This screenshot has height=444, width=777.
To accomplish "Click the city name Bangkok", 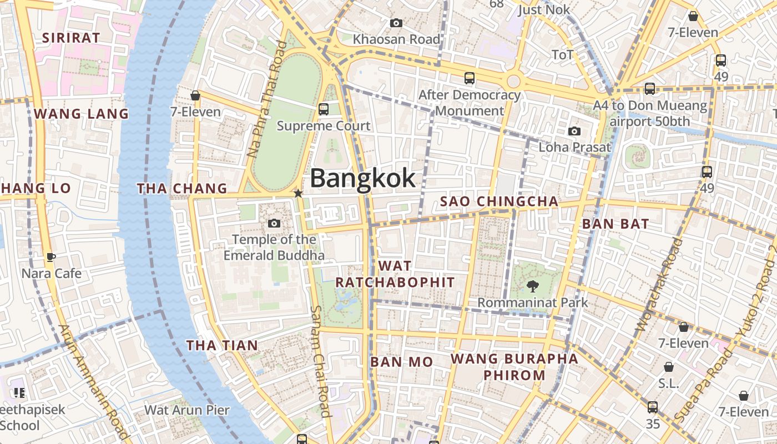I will coord(362,178).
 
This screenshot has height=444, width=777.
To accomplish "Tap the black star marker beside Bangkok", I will coord(298,193).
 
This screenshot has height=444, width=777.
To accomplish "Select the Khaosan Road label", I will coord(396,39).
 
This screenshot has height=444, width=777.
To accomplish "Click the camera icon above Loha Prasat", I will coord(574,132).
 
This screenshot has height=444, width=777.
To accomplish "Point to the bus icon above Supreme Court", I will coord(324,109).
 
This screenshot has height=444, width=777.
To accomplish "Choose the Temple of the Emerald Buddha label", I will coord(274,248).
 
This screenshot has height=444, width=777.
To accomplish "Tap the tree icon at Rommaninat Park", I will coord(533,287).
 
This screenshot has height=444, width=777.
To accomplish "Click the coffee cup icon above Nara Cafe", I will coord(51,257).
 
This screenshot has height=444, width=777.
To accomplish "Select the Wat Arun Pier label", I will coord(186,410).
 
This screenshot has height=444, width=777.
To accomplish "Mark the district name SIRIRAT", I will coord(72,38).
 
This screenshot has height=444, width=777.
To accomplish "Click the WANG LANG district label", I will coord(81,114).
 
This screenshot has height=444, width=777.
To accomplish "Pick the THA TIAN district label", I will coord(222,346).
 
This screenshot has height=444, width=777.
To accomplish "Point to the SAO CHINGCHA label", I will coord(499,201).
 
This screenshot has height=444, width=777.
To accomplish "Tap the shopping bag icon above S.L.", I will coord(669,367).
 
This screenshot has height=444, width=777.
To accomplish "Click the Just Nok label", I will coord(544,10).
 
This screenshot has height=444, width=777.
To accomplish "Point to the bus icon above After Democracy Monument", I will coord(470,78).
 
